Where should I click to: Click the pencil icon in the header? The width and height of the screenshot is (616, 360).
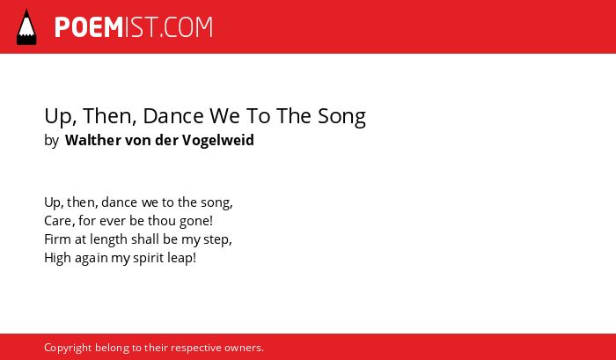26,27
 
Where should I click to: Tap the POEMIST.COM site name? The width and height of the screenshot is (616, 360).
134,27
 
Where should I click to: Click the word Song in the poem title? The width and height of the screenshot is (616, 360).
341,117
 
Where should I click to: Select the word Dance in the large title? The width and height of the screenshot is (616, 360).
173,116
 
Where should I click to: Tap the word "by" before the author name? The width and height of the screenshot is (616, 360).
51,141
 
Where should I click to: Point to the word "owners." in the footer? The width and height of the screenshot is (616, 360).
244,348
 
